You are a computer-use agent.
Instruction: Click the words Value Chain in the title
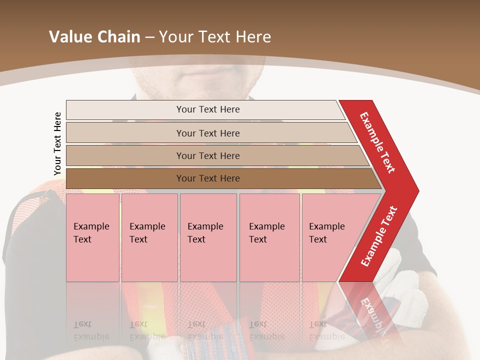tap(94, 37)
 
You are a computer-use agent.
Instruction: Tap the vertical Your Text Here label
tap(57, 143)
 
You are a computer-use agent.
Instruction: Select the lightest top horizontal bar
tap(125, 109)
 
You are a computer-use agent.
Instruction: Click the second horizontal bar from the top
tap(125, 133)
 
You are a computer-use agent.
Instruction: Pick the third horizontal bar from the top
tap(125, 155)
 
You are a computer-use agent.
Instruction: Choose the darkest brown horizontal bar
tap(125, 178)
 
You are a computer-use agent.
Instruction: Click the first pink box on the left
tap(92, 237)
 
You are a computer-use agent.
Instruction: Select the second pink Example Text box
tap(149, 237)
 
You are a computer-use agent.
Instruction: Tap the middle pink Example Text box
tap(208, 237)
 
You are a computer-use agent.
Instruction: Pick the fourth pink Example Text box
tap(269, 237)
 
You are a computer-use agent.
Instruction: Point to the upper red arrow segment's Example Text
tap(377, 142)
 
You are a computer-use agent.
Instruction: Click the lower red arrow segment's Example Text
tap(379, 236)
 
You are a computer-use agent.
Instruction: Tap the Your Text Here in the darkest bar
tap(208, 178)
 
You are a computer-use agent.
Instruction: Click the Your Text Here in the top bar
tap(208, 109)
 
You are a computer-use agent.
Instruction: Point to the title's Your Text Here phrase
tap(215, 37)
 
